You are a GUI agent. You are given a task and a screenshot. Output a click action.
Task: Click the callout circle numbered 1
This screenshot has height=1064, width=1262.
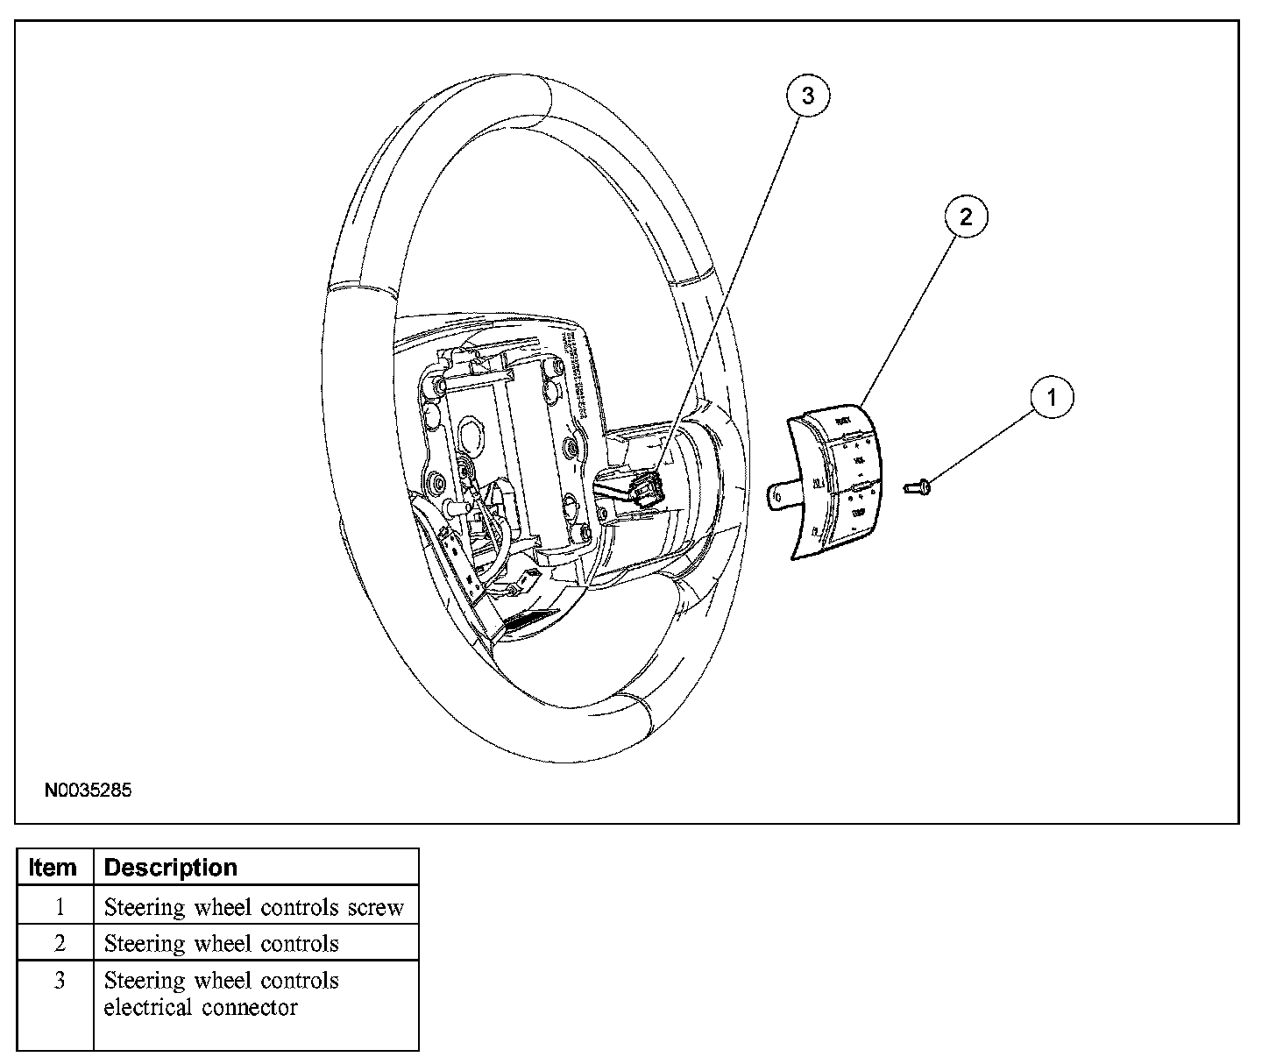1052,397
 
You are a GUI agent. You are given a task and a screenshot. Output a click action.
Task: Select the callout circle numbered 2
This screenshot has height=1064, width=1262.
966,216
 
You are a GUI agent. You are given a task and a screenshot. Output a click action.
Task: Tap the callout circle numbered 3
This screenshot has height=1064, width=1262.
807,96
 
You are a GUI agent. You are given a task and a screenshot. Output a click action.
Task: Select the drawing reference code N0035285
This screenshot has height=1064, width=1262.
89,791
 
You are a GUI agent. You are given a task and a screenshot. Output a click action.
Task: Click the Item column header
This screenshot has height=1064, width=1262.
53,868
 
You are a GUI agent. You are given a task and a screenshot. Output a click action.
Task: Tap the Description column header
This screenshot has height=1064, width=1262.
171,868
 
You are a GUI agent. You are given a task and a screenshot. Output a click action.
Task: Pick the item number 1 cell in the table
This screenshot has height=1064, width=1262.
60,907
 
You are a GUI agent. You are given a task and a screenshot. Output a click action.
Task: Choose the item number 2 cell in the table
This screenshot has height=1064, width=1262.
60,944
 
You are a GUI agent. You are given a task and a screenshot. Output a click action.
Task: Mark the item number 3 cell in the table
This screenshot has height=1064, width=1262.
60,981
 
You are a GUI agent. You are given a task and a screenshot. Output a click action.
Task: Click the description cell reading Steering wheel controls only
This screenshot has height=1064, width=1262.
222,944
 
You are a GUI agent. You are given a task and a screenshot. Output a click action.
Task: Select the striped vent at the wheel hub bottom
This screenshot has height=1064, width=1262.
528,620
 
